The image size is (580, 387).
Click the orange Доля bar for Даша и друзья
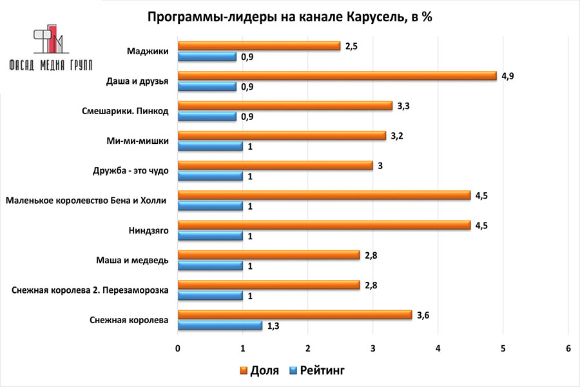click(337, 75)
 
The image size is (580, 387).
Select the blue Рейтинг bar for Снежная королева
click(220, 325)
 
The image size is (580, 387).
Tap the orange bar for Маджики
click(259, 46)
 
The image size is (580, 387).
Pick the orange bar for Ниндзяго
click(324, 225)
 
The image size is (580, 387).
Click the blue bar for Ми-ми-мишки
click(210, 146)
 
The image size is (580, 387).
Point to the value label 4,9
click(508, 75)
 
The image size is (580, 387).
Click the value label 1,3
click(274, 326)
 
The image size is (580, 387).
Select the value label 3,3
click(403, 106)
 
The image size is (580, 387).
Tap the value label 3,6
click(423, 314)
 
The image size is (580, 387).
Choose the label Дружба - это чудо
click(131, 171)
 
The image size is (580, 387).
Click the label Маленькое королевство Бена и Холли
click(86, 201)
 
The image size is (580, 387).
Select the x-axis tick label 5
click(503, 348)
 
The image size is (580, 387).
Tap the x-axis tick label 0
click(178, 348)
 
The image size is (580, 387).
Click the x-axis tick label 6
click(568, 348)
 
